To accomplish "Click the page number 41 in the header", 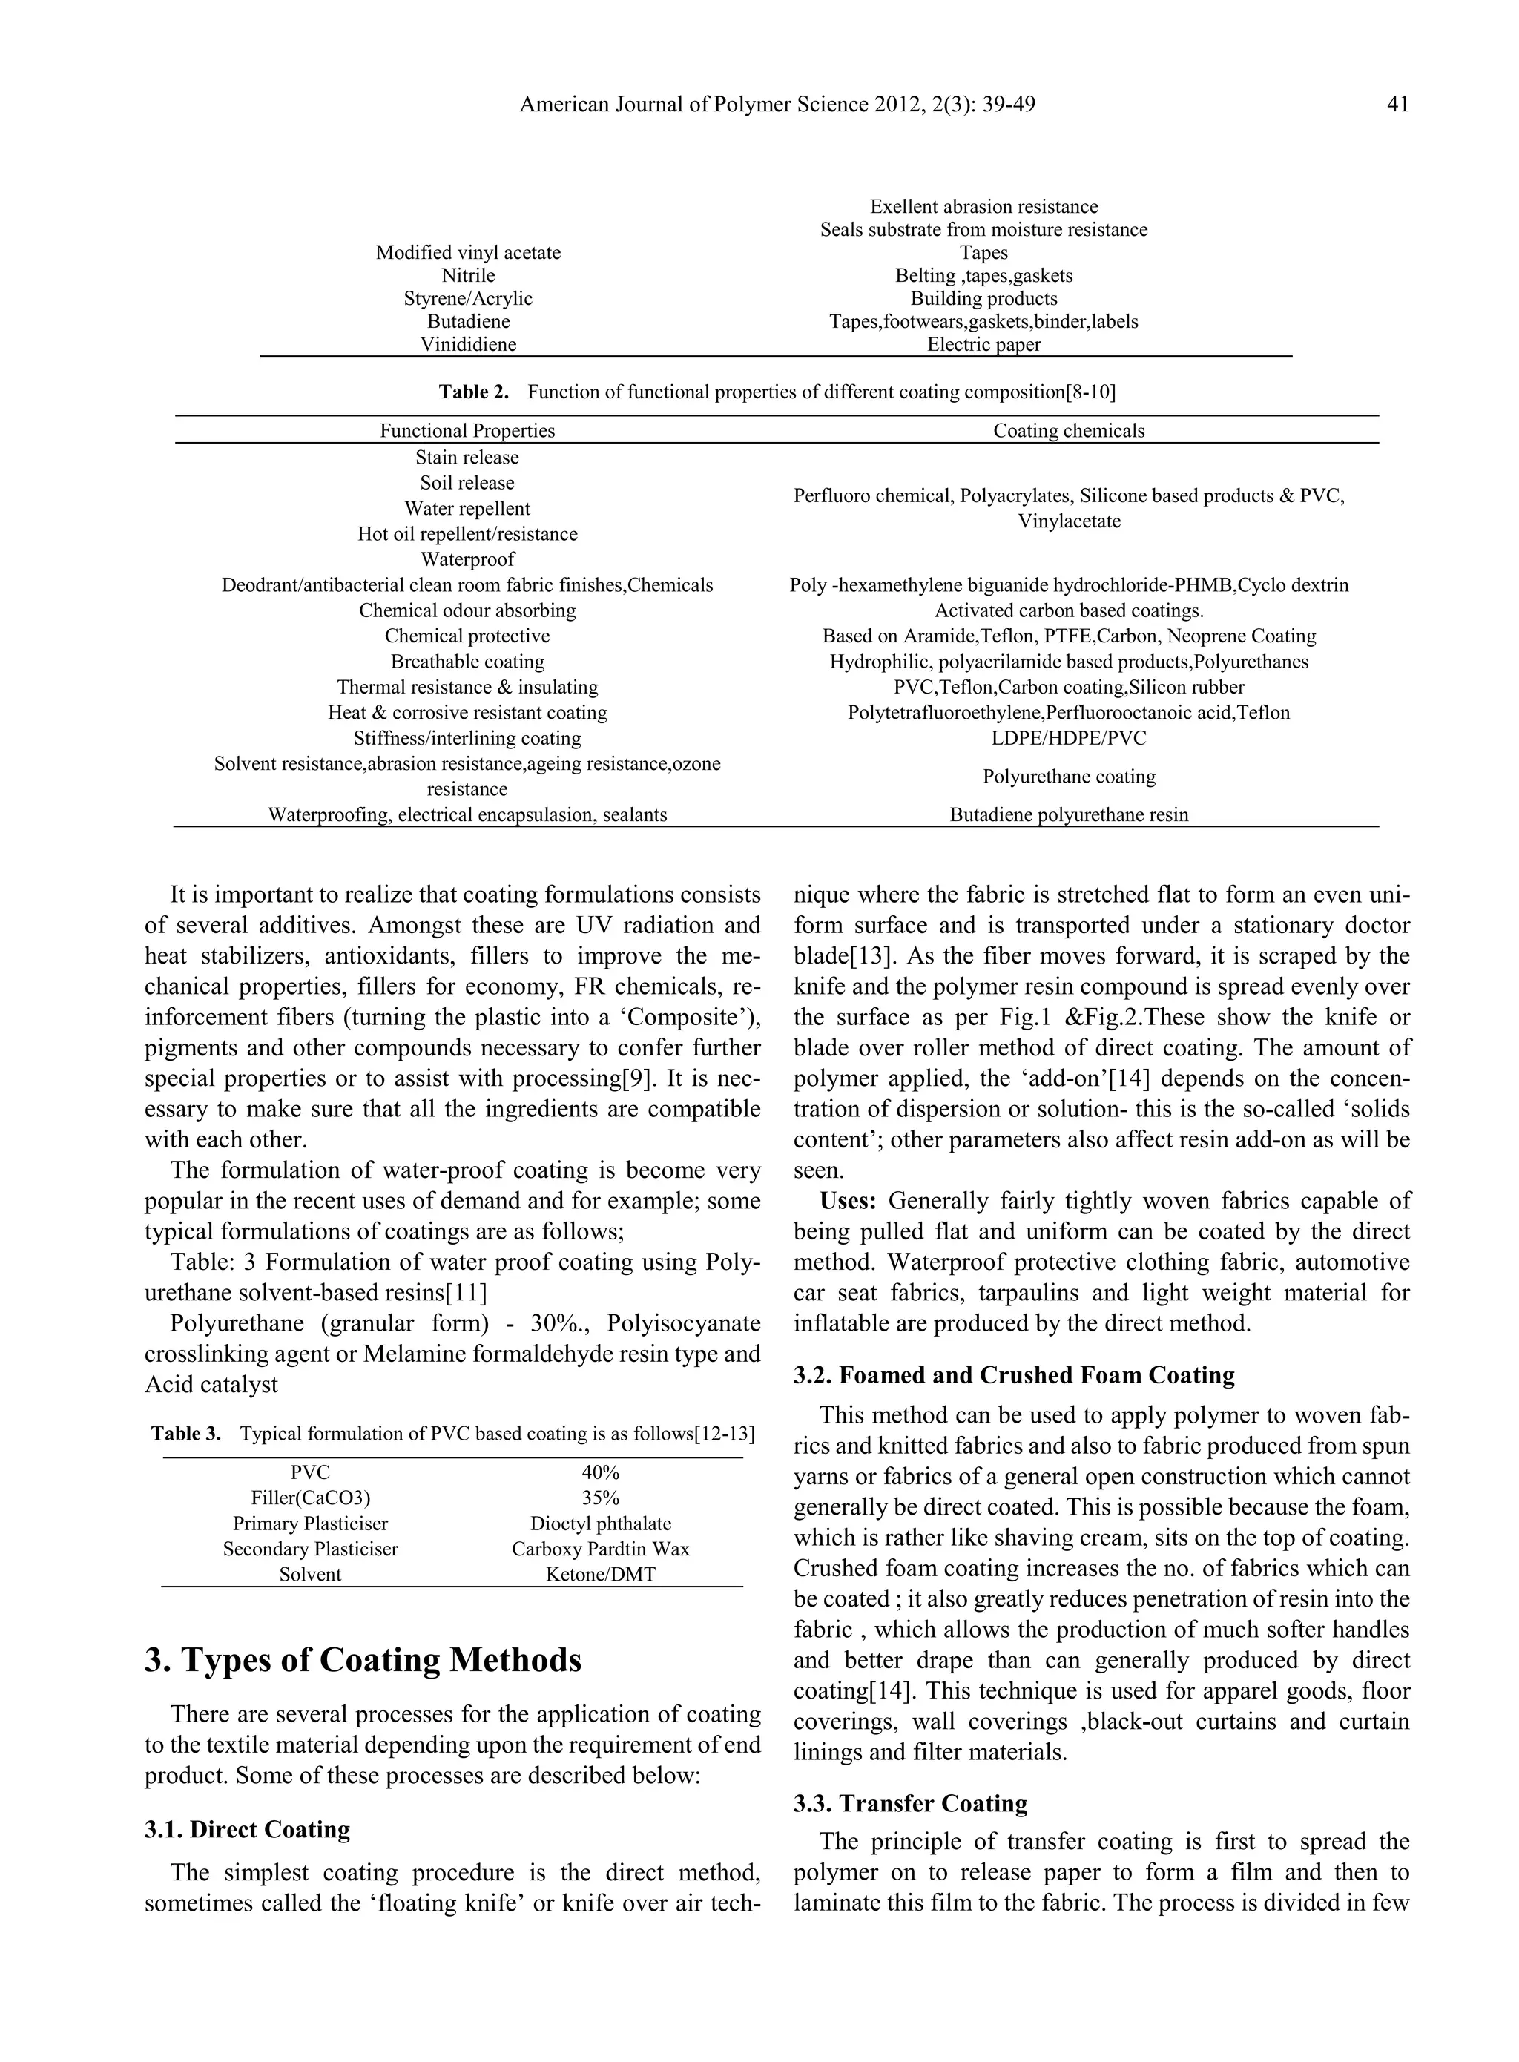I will (x=1397, y=105).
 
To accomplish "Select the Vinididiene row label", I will (x=468, y=345).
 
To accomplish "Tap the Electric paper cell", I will (x=983, y=345).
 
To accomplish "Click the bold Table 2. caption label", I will (x=473, y=392).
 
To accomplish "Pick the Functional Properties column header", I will (x=467, y=430).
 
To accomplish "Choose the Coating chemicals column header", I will (x=1069, y=430).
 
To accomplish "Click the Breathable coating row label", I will (x=467, y=662).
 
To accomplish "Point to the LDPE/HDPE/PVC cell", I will (x=1069, y=738).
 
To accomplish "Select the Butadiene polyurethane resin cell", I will (x=1069, y=814).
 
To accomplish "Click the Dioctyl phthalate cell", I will (x=601, y=1524).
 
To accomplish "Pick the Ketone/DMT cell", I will (x=601, y=1574).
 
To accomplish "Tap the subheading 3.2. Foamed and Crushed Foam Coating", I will (x=1013, y=1375).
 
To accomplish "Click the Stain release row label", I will (x=467, y=458).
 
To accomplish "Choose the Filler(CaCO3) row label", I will (x=310, y=1498).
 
